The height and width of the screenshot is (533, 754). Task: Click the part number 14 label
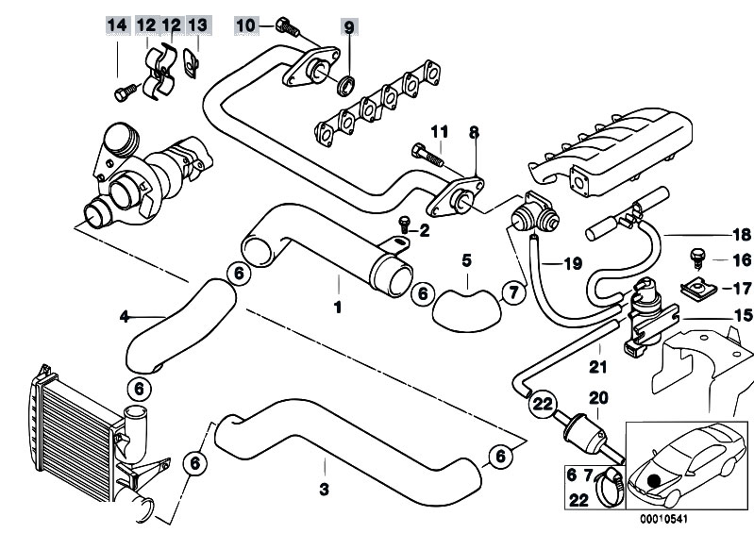[116, 25]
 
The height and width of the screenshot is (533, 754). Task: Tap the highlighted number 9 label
[349, 25]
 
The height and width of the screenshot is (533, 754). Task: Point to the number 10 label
[244, 25]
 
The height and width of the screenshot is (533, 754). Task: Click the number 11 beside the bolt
[438, 130]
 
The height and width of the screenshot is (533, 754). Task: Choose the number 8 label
[474, 131]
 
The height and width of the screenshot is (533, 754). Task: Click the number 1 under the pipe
[337, 307]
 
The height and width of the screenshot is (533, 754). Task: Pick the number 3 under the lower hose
[324, 489]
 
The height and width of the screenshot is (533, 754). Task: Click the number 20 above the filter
[599, 397]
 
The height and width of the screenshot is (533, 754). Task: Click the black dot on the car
[654, 480]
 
